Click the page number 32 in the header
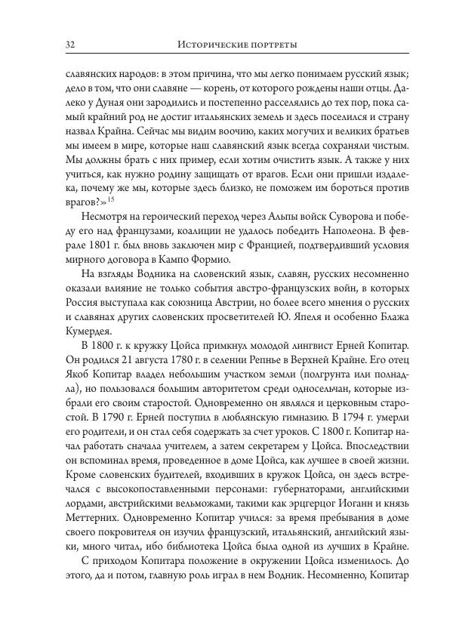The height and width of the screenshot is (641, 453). pyautogui.click(x=72, y=45)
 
